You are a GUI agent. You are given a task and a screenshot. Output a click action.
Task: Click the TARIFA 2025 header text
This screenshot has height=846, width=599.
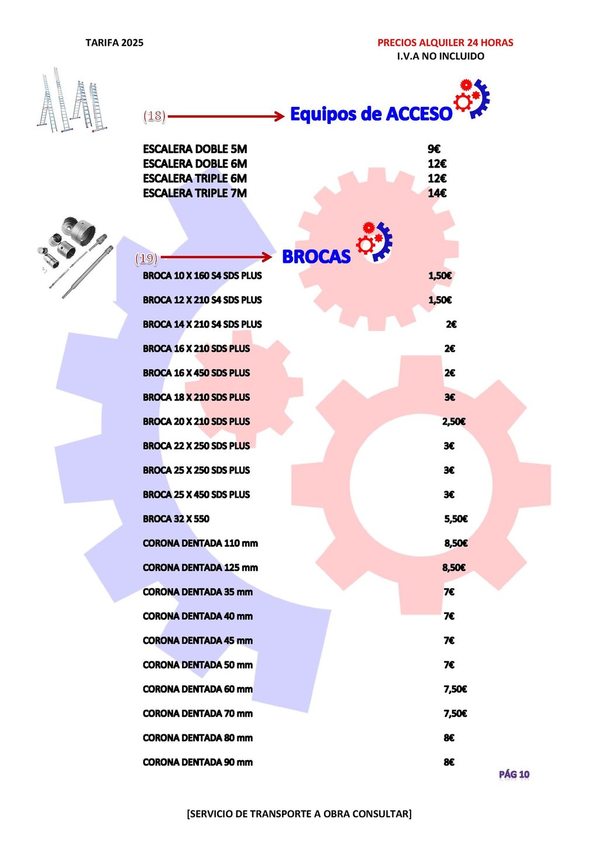[114, 43]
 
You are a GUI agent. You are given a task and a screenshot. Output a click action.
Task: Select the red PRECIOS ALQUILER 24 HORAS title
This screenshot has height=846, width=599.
[445, 43]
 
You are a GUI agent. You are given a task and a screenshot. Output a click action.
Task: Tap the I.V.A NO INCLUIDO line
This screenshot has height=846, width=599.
[440, 56]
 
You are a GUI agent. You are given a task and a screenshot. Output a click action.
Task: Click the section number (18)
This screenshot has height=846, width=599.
[154, 116]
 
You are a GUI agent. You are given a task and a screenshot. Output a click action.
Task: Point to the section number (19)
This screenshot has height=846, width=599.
[146, 258]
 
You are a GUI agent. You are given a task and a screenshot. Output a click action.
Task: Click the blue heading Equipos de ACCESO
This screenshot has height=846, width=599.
[371, 114]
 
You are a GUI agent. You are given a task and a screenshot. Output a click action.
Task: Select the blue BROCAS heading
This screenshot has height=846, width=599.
[316, 257]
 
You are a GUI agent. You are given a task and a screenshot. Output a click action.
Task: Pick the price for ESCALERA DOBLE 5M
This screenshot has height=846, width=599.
[433, 149]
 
